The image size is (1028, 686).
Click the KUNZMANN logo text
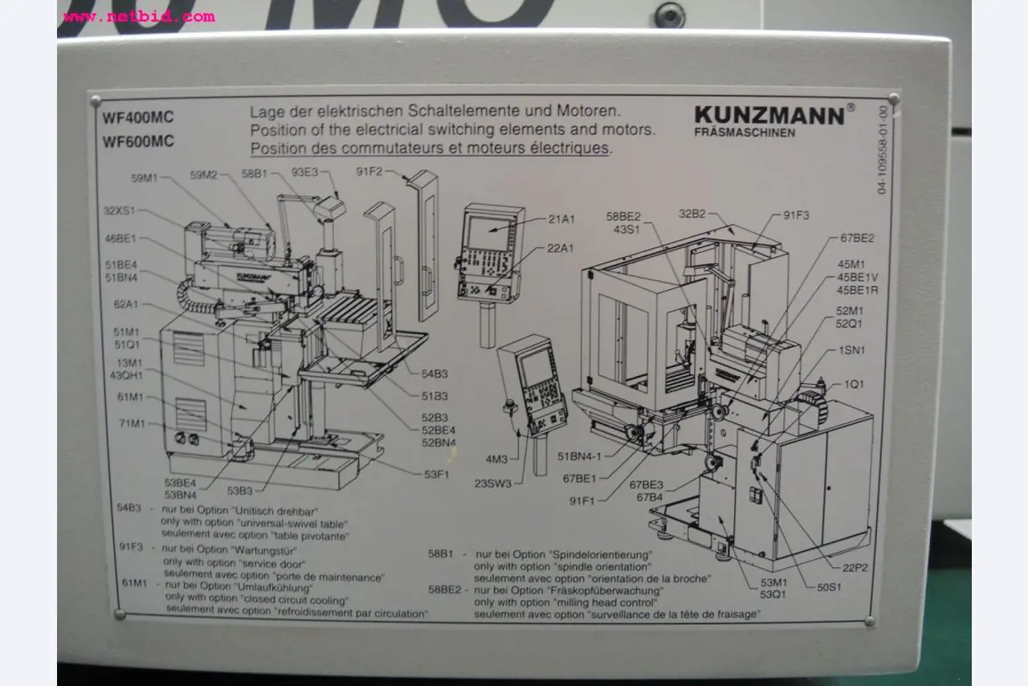(769, 115)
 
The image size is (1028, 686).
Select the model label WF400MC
(138, 117)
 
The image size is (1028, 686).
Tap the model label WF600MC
(138, 141)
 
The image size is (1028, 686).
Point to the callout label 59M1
(145, 177)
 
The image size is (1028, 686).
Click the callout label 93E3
(305, 172)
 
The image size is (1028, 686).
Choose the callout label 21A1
(561, 219)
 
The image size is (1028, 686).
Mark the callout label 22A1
(561, 249)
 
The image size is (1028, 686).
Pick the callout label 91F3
(796, 215)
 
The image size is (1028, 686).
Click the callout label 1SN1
(851, 350)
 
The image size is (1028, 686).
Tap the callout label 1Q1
(854, 384)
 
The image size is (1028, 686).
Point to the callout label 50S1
(829, 587)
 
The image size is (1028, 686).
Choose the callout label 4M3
(496, 459)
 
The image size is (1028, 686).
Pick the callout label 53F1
(436, 474)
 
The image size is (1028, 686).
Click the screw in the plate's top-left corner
(96, 101)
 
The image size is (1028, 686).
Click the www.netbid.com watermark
(138, 16)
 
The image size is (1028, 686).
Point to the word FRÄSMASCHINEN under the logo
(744, 133)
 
